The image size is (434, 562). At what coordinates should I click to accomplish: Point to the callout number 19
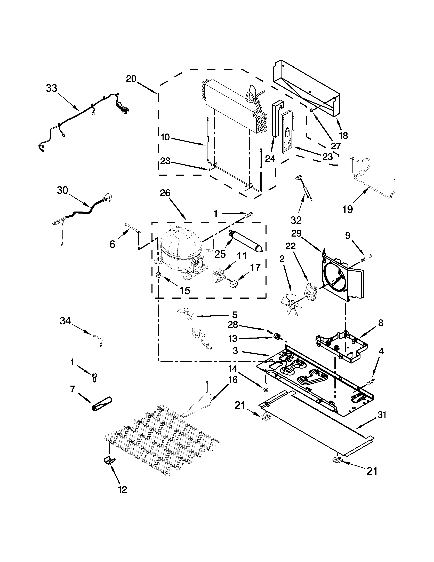(347, 209)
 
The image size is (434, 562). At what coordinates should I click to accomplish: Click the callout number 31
(382, 415)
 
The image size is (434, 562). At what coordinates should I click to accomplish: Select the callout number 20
(131, 79)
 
